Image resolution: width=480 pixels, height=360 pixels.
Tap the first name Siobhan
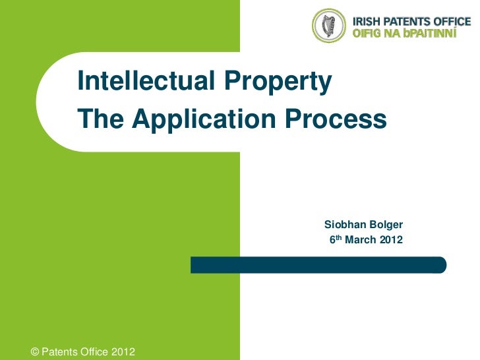[347, 225]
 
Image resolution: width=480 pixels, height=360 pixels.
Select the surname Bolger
[390, 225]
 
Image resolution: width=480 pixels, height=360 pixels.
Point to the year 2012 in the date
[390, 239]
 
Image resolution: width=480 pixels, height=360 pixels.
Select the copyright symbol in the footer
[36, 351]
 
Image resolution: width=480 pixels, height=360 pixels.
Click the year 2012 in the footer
[123, 351]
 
